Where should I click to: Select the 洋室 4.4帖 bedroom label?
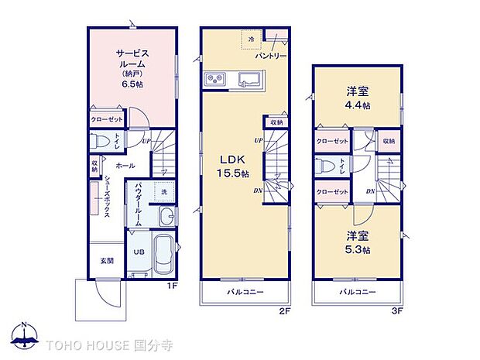point(358,98)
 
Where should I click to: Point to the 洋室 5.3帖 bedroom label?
point(358,242)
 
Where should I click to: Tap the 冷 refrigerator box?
point(250,36)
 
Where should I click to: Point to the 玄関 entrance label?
point(106,261)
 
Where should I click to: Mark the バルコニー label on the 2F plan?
point(245,292)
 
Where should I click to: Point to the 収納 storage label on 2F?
point(276,122)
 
